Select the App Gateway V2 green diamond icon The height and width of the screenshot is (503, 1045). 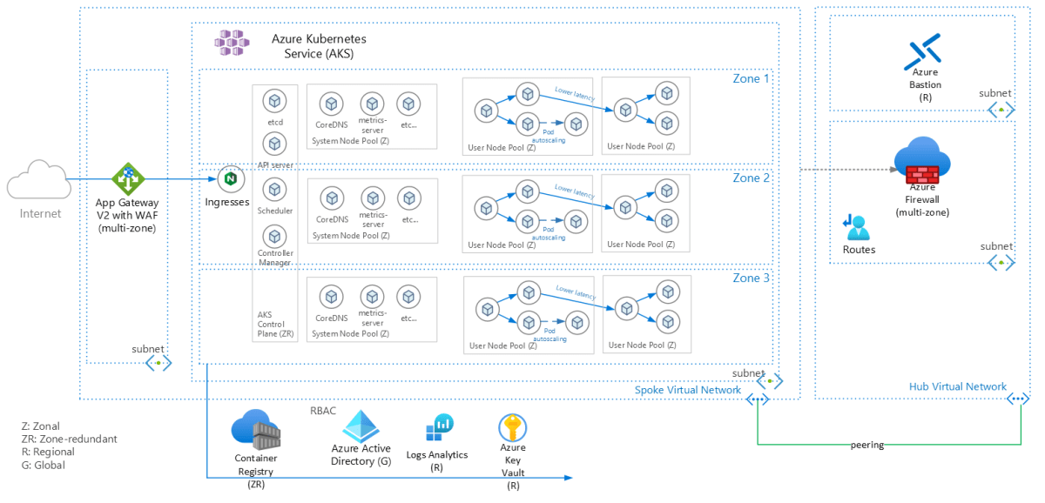point(127,179)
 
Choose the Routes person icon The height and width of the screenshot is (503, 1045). point(857,227)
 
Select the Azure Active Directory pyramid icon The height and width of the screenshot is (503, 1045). point(364,426)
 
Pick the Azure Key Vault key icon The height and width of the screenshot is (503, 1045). point(512,428)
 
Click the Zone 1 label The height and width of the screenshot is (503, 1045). point(751,78)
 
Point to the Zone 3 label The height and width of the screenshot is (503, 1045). point(751,278)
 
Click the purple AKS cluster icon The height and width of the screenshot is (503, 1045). point(233,43)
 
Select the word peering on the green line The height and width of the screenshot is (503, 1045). point(866,445)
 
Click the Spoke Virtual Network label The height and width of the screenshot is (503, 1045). point(687,390)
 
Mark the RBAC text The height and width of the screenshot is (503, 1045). point(323,411)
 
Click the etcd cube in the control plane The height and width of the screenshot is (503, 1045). point(275,102)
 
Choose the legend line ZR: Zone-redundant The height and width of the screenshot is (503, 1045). point(69,439)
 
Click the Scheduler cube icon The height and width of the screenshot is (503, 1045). point(275,189)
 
